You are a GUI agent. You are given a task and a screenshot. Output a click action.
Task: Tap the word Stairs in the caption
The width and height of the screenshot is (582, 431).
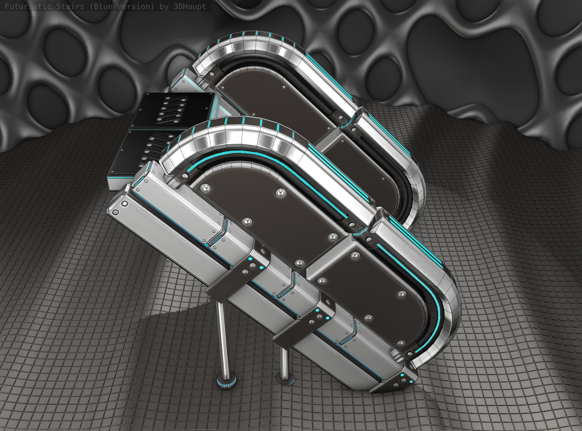click(70, 6)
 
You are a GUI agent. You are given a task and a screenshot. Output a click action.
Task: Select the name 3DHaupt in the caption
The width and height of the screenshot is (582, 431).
click(190, 6)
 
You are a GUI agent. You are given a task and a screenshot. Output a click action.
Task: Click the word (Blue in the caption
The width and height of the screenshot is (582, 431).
click(101, 6)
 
